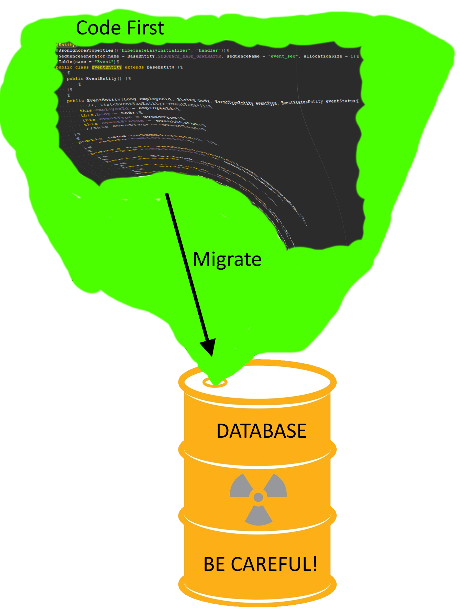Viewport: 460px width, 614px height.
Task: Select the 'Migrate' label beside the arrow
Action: pyautogui.click(x=227, y=259)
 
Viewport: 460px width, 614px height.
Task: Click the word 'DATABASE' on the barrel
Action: pyautogui.click(x=261, y=431)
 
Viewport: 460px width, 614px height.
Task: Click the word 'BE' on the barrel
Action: pyautogui.click(x=215, y=564)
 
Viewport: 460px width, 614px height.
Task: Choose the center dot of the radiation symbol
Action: pyautogui.click(x=258, y=497)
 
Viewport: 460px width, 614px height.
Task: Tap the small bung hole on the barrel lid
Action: pyautogui.click(x=215, y=382)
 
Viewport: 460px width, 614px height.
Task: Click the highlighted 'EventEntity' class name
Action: pyautogui.click(x=107, y=67)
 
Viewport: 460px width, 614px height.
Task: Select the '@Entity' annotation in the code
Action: pyautogui.click(x=66, y=45)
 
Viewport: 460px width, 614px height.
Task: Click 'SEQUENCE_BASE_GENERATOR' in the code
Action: pyautogui.click(x=189, y=56)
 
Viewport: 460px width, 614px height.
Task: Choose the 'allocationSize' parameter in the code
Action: pyautogui.click(x=323, y=56)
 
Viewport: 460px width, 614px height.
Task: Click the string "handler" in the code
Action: pyautogui.click(x=209, y=50)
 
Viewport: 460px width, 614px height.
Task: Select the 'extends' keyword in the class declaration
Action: pyautogui.click(x=134, y=67)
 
